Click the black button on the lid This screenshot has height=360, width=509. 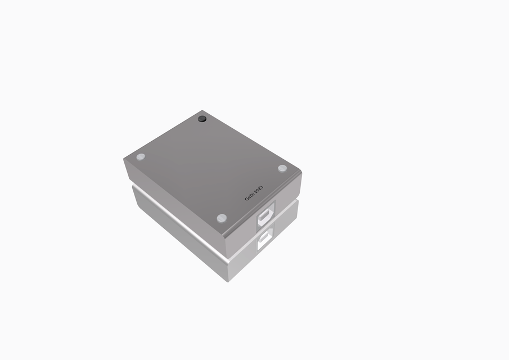click(202, 119)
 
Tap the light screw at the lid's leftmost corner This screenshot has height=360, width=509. click(141, 157)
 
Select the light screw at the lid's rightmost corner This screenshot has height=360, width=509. click(282, 168)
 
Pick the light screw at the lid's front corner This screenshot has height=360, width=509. click(221, 217)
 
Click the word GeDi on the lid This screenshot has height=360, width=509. click(250, 196)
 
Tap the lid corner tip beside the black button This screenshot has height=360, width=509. click(202, 110)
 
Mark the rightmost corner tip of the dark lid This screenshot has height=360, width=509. click(301, 171)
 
